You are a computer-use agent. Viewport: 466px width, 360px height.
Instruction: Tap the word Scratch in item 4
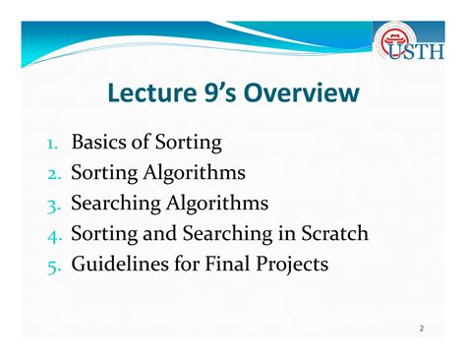point(331,235)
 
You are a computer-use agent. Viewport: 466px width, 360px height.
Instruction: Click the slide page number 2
point(421,328)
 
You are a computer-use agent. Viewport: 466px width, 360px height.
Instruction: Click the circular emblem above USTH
point(395,37)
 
